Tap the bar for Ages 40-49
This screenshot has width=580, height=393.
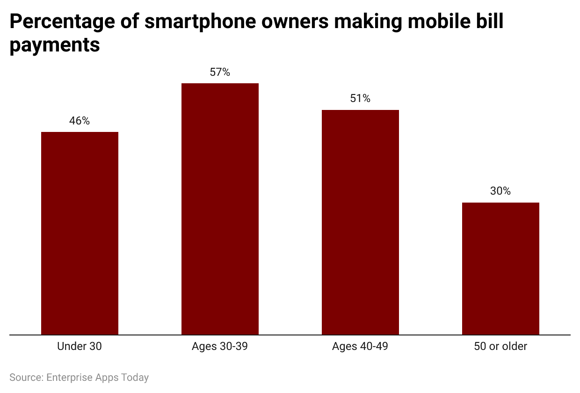(360, 222)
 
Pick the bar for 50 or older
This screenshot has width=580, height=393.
(500, 269)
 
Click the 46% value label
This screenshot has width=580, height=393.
(80, 121)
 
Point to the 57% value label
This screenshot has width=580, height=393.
(220, 72)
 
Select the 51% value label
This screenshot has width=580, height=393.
(360, 99)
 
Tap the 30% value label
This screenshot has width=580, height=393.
(500, 191)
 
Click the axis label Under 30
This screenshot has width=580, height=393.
(80, 347)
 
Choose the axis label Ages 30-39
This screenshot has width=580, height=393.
(220, 347)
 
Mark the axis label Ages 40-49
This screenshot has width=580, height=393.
(360, 347)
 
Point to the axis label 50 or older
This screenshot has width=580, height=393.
(500, 347)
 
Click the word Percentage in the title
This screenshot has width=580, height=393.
(63, 22)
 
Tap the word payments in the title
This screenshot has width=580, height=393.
(55, 45)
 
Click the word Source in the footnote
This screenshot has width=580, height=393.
(25, 377)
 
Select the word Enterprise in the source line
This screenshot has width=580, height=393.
(68, 377)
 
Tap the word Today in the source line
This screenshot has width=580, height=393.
(135, 377)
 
